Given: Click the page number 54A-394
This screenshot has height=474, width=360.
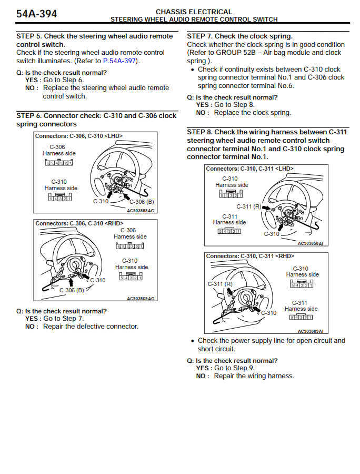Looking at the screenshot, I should tap(36, 14).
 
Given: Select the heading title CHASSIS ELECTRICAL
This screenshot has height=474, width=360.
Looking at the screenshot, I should tap(194, 12).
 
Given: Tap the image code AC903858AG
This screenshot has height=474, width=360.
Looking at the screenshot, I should tap(141, 210).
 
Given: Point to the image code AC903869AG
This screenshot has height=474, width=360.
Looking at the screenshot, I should tap(141, 299).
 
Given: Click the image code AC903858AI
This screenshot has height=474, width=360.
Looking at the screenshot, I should tap(310, 243).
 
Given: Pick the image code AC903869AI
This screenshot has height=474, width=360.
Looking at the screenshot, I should tap(310, 331).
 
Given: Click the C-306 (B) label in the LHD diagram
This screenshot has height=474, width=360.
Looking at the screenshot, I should tap(142, 202).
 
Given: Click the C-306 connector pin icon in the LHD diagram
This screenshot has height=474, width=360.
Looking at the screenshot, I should tap(58, 162).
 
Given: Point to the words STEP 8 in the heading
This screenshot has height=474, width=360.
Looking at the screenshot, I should tap(199, 132).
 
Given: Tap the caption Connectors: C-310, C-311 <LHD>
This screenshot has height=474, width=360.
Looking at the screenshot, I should tap(249, 169).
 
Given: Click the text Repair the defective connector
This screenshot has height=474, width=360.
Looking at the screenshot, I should tap(91, 327).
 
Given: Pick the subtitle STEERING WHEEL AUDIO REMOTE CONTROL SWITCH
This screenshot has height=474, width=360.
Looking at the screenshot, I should tap(194, 19).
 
